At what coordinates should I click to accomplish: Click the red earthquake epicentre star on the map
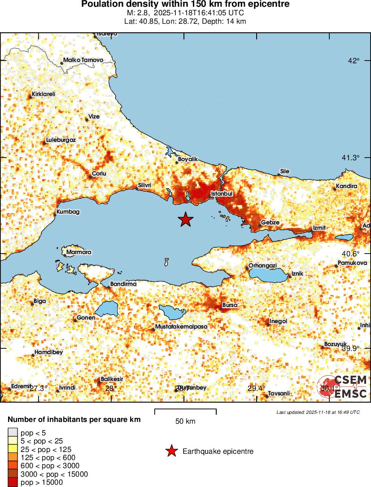(x=185, y=219)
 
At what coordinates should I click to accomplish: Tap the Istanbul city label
(x=222, y=193)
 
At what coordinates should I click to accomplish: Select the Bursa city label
(x=230, y=305)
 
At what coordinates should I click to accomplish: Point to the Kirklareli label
(x=43, y=94)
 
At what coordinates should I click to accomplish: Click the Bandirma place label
(x=123, y=284)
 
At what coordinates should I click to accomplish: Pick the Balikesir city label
(x=112, y=379)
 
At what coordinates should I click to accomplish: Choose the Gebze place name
(x=270, y=223)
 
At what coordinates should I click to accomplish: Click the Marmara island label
(x=79, y=252)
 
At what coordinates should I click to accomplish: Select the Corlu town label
(x=99, y=173)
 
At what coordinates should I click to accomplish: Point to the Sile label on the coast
(x=284, y=171)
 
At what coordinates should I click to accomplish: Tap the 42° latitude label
(x=355, y=61)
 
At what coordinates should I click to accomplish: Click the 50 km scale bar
(x=185, y=412)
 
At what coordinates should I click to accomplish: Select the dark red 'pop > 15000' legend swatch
(x=13, y=483)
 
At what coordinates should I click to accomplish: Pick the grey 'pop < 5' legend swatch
(x=13, y=433)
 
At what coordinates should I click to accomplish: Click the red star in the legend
(x=171, y=451)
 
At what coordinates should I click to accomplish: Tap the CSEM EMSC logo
(x=344, y=386)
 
